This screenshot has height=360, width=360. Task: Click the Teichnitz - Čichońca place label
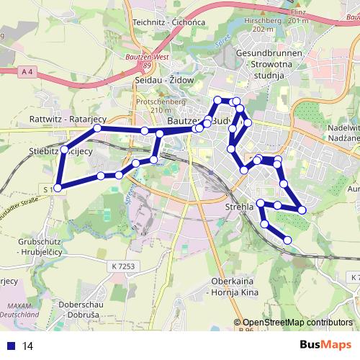point(169,22)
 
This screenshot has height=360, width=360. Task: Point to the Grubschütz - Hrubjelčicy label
point(32,247)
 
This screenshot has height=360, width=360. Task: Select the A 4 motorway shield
point(27,71)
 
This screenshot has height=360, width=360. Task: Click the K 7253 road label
point(124,266)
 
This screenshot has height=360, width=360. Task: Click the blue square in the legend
point(11,346)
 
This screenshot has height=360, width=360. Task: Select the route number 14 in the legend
point(28,346)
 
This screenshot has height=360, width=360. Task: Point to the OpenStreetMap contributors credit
point(297,323)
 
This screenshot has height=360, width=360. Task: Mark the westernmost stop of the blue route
point(57,188)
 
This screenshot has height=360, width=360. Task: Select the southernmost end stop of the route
point(288,240)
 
